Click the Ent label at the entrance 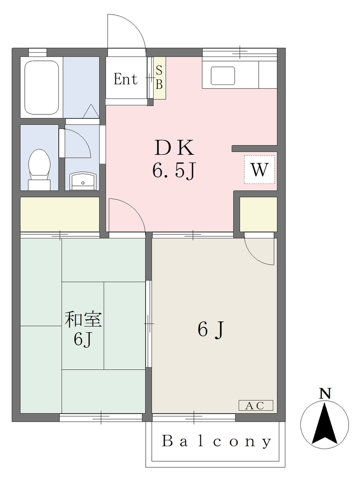125,79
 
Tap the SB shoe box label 159,78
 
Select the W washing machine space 260,169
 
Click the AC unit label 255,406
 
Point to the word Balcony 217,441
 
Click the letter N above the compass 325,394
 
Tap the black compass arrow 325,424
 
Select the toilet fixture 39,169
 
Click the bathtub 42,87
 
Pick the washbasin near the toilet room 83,181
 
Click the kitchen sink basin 223,76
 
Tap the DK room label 174,148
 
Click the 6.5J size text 173,171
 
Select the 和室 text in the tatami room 83,320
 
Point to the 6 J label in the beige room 211,330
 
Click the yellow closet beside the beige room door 258,214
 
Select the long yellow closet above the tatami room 60,214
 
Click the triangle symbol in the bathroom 91,111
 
